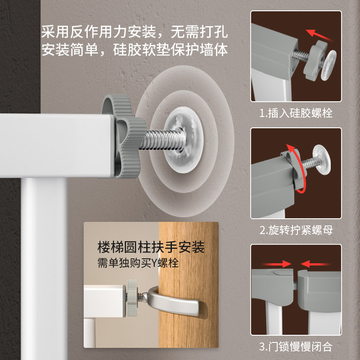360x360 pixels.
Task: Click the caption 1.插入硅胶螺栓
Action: pos(296,113)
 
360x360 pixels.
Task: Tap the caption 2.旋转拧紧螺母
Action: pos(296,230)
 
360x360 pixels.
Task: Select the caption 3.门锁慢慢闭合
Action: pos(296,346)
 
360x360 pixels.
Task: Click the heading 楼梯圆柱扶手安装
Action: pos(151,247)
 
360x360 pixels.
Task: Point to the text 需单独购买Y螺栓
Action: pos(138,263)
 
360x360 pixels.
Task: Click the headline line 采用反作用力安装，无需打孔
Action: pos(134,31)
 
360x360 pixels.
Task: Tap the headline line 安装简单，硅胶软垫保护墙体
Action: pos(134,50)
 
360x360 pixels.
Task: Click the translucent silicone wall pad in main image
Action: pos(184,140)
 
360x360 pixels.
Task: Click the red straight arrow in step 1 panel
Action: pos(319,35)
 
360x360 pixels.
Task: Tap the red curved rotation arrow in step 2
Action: pos(298,169)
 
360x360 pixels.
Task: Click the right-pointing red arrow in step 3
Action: pos(277,264)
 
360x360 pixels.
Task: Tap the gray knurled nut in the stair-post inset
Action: pos(132,298)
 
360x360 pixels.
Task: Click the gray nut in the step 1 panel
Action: pos(315,60)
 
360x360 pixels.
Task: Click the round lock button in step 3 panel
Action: pos(278,272)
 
